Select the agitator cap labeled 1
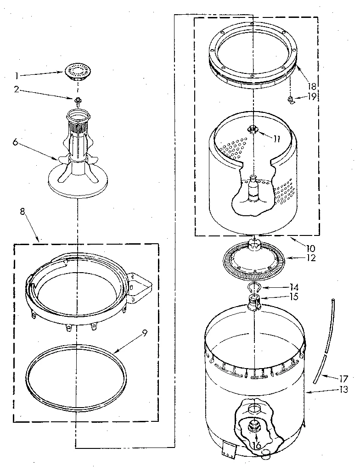[x=76, y=72]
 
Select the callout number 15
[x=294, y=297]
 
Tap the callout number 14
[x=294, y=286]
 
